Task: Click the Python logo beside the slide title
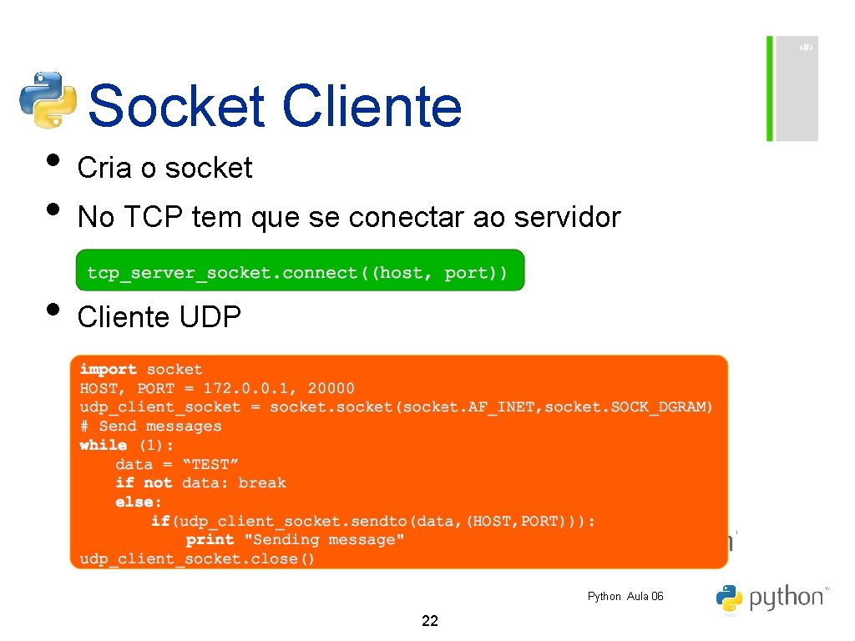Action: click(x=48, y=99)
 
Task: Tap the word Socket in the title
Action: click(x=176, y=107)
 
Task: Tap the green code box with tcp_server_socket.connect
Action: click(x=299, y=271)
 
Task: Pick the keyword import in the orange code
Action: click(x=108, y=369)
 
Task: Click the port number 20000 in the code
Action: click(x=331, y=388)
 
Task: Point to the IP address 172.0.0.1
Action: click(x=249, y=388)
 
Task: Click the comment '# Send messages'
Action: click(x=150, y=426)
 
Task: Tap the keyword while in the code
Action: click(x=103, y=445)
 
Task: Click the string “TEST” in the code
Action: click(x=210, y=464)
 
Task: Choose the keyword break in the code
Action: click(x=261, y=483)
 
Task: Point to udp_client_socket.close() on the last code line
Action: click(x=197, y=559)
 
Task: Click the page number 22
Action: click(x=430, y=621)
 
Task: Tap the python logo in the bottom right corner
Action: click(x=770, y=598)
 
